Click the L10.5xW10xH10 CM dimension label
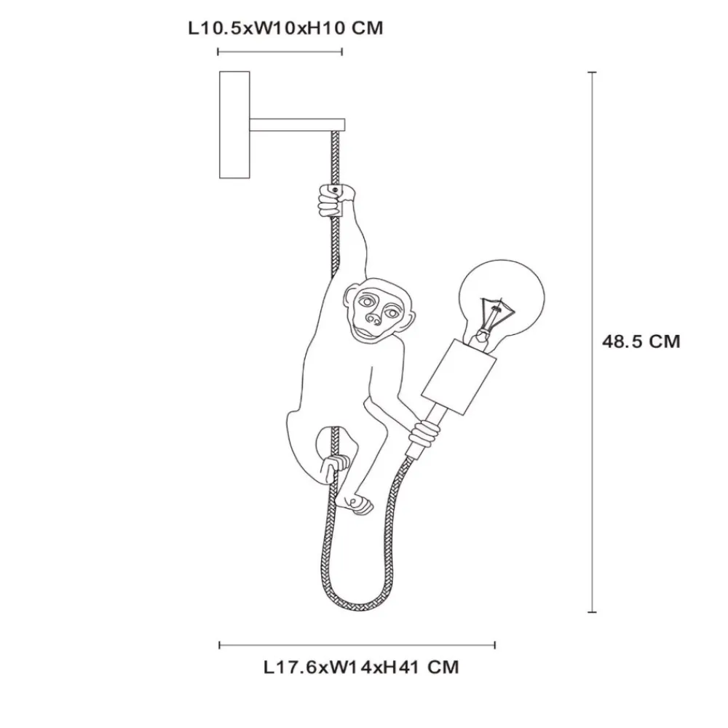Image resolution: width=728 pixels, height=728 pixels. point(285,28)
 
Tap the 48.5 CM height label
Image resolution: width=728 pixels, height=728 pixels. point(641,341)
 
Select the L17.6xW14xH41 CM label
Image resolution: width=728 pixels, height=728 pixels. point(361,668)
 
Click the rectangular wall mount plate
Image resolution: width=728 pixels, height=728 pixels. point(234,125)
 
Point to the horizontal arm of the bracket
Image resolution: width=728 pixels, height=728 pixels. point(297,124)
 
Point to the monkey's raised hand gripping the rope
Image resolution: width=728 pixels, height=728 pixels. point(335,199)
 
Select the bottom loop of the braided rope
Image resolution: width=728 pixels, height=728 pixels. point(357,599)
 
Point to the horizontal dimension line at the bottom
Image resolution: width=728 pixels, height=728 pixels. point(357,645)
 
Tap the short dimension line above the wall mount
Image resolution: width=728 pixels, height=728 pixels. point(280,52)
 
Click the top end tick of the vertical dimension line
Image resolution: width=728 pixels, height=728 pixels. point(592,72)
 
